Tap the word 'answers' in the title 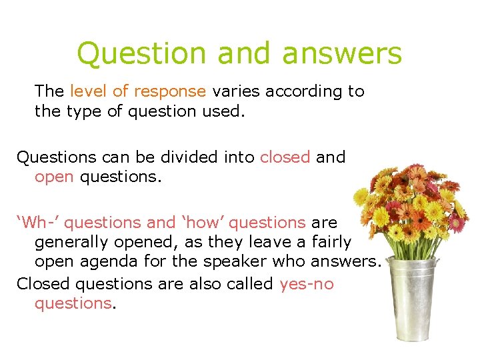pos(342,53)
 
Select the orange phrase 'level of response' pos(138,91)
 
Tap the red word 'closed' pos(285,157)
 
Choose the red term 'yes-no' pos(307,284)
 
